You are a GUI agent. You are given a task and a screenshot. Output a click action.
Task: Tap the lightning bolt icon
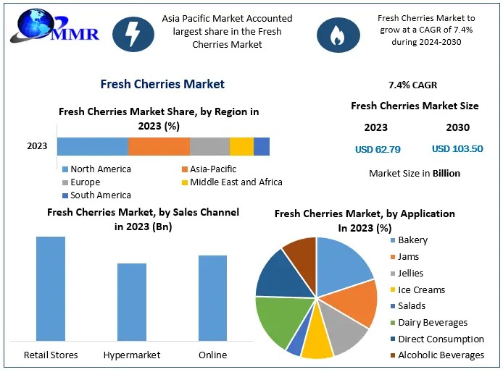(x=133, y=34)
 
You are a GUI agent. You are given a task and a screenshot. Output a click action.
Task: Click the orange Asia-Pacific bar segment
(x=159, y=146)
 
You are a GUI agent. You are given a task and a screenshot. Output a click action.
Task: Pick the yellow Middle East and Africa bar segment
(x=241, y=146)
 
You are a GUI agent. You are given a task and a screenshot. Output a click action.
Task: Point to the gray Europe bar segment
(x=209, y=146)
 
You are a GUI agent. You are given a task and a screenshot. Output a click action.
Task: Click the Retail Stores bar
(x=51, y=288)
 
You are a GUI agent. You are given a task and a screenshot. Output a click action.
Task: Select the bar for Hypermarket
(x=132, y=301)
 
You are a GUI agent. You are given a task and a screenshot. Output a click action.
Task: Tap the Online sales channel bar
(x=212, y=297)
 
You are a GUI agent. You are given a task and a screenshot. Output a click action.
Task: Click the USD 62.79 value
(x=378, y=150)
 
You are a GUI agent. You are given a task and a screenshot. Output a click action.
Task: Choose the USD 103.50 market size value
(x=457, y=150)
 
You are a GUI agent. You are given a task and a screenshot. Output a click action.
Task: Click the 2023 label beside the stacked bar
(x=37, y=146)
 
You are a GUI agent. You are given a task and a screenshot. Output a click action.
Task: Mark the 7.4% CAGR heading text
(x=413, y=85)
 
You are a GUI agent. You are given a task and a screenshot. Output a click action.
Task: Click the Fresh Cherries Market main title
(x=162, y=84)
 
